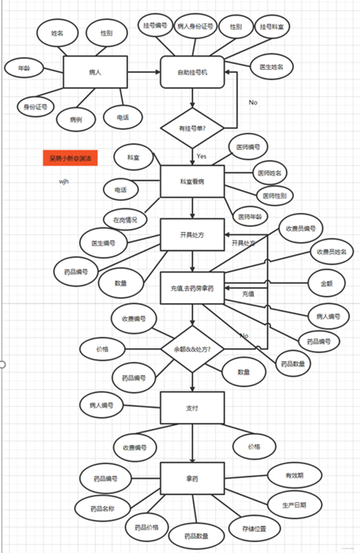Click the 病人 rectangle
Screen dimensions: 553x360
pos(95,72)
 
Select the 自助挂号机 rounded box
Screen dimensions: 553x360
pos(192,72)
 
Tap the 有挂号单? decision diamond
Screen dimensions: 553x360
pos(192,128)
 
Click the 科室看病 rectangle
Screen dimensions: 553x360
pos(192,181)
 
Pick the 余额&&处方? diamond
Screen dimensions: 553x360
pos(192,349)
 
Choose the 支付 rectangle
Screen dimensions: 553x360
pos(192,408)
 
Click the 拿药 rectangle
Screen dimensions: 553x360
pos(192,478)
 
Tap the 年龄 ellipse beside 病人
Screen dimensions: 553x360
pos(24,69)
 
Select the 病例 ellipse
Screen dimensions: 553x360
pos(76,119)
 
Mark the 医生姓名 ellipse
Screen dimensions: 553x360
pos(271,67)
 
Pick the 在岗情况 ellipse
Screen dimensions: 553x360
pos(125,220)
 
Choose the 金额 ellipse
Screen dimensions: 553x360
pos(326,283)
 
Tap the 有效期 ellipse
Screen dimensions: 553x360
pos(295,475)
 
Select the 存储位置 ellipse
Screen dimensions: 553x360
pos(254,528)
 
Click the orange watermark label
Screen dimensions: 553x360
pos(70,158)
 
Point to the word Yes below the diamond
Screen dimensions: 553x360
pos(201,156)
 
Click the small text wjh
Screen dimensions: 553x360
pos(64,181)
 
